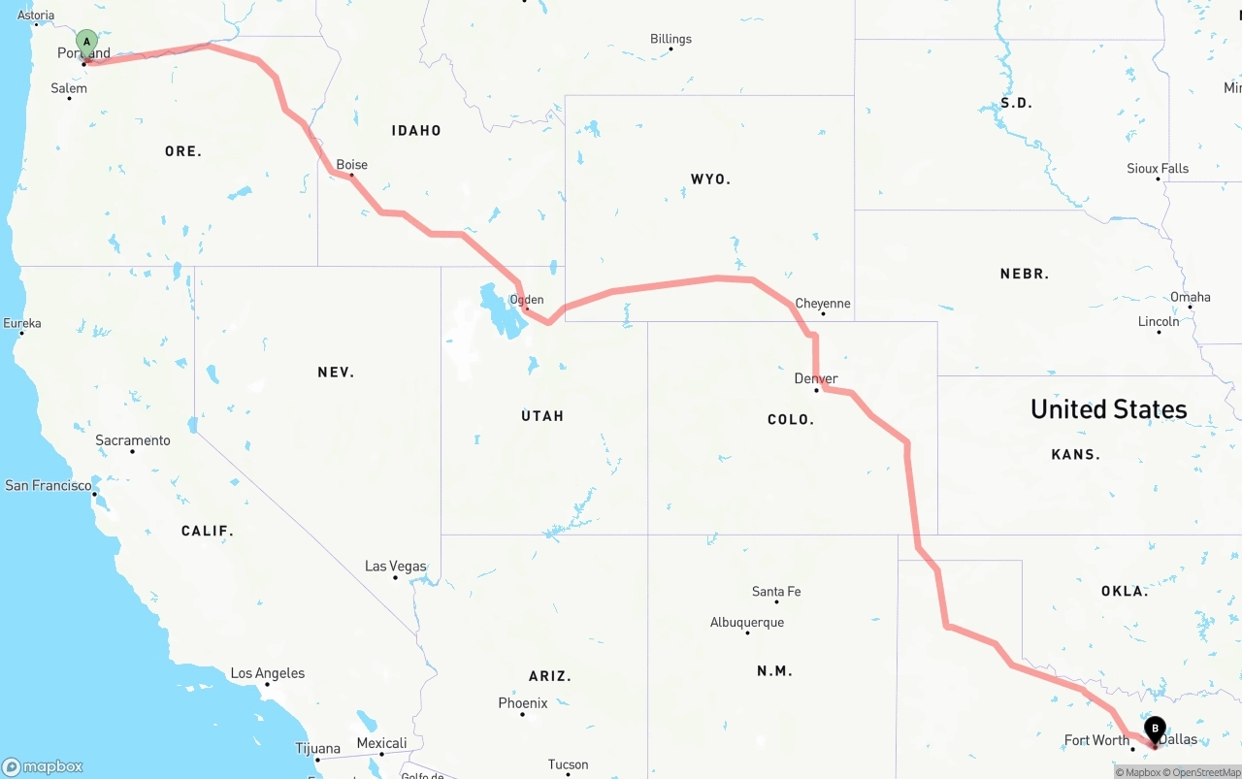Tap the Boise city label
[x=351, y=165]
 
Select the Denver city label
[x=816, y=378]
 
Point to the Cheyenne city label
[x=823, y=304]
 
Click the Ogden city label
[x=527, y=300]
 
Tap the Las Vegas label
[x=395, y=567]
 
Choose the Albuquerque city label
[x=747, y=623]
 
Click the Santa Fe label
[x=776, y=592]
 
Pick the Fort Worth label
[x=1096, y=740]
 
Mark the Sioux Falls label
[x=1158, y=169]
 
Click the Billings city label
[x=670, y=39]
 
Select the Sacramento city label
[x=133, y=440]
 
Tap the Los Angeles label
[x=267, y=673]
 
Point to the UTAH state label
[x=542, y=416]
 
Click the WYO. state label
[x=710, y=179]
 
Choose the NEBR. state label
[x=1025, y=275]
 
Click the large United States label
[x=1108, y=409]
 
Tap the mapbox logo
[x=43, y=766]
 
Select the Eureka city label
[x=22, y=323]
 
